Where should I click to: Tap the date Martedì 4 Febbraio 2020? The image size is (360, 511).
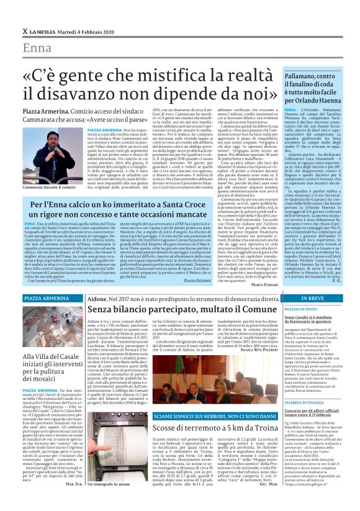pyautogui.click(x=83, y=31)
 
